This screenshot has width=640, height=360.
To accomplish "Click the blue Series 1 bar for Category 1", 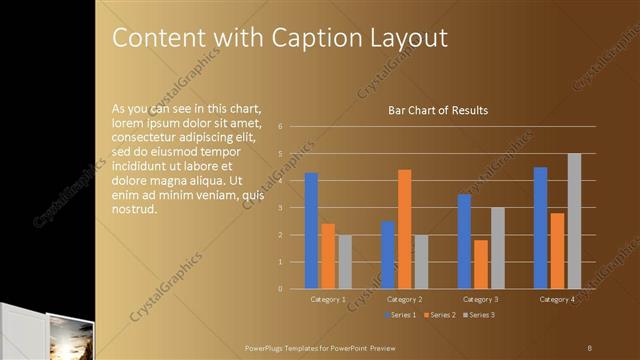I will tap(311, 231).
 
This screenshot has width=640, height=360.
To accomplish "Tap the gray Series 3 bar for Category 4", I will tap(574, 221).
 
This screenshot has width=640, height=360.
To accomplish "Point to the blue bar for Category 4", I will tap(540, 228).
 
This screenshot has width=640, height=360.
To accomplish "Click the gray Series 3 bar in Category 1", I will tap(344, 262).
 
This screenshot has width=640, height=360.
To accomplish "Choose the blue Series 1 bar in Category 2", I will tap(387, 255).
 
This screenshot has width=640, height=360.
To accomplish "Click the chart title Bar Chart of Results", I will tap(438, 110).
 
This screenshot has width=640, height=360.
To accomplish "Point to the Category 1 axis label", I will tap(328, 299).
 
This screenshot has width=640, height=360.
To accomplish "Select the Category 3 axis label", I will tap(481, 299).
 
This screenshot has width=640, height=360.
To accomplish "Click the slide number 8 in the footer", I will tap(590, 346).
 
